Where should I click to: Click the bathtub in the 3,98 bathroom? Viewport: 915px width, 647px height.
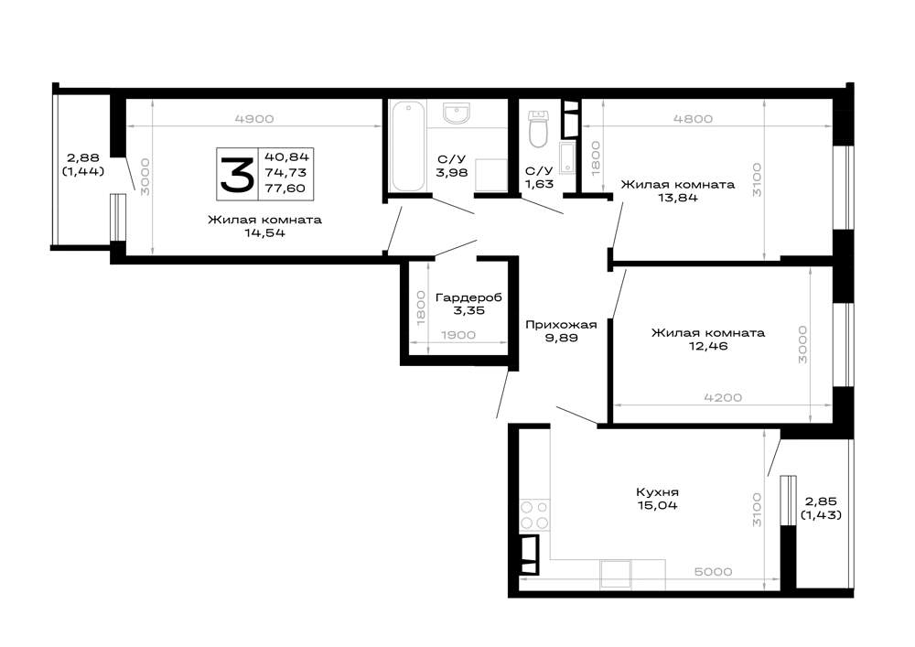[x=407, y=146]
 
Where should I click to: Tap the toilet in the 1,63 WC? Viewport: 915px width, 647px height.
[x=538, y=129]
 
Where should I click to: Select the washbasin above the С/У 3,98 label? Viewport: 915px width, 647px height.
[x=456, y=113]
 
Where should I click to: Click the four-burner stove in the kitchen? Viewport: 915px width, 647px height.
[x=534, y=514]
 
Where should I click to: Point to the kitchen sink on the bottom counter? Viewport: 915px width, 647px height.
[x=616, y=574]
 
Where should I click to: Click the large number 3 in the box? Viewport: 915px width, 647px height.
[x=236, y=173]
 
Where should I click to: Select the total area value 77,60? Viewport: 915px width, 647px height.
[x=285, y=189]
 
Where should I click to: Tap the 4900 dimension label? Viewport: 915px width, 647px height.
[x=253, y=119]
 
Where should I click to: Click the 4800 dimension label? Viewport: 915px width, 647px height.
[x=693, y=119]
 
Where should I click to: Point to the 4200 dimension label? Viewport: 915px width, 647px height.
[x=723, y=398]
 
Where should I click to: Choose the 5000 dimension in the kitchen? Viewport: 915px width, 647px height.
[x=713, y=572]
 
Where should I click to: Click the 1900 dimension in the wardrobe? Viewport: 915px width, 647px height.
[x=458, y=336]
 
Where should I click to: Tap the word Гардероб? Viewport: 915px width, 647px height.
[x=468, y=297]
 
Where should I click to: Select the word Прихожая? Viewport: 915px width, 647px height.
[x=561, y=325]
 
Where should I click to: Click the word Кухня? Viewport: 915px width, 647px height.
[x=657, y=492]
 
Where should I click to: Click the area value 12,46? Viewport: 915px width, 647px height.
[x=708, y=346]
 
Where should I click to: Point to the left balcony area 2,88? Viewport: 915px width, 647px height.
[x=83, y=158]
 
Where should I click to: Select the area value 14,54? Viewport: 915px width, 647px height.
[x=265, y=233]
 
